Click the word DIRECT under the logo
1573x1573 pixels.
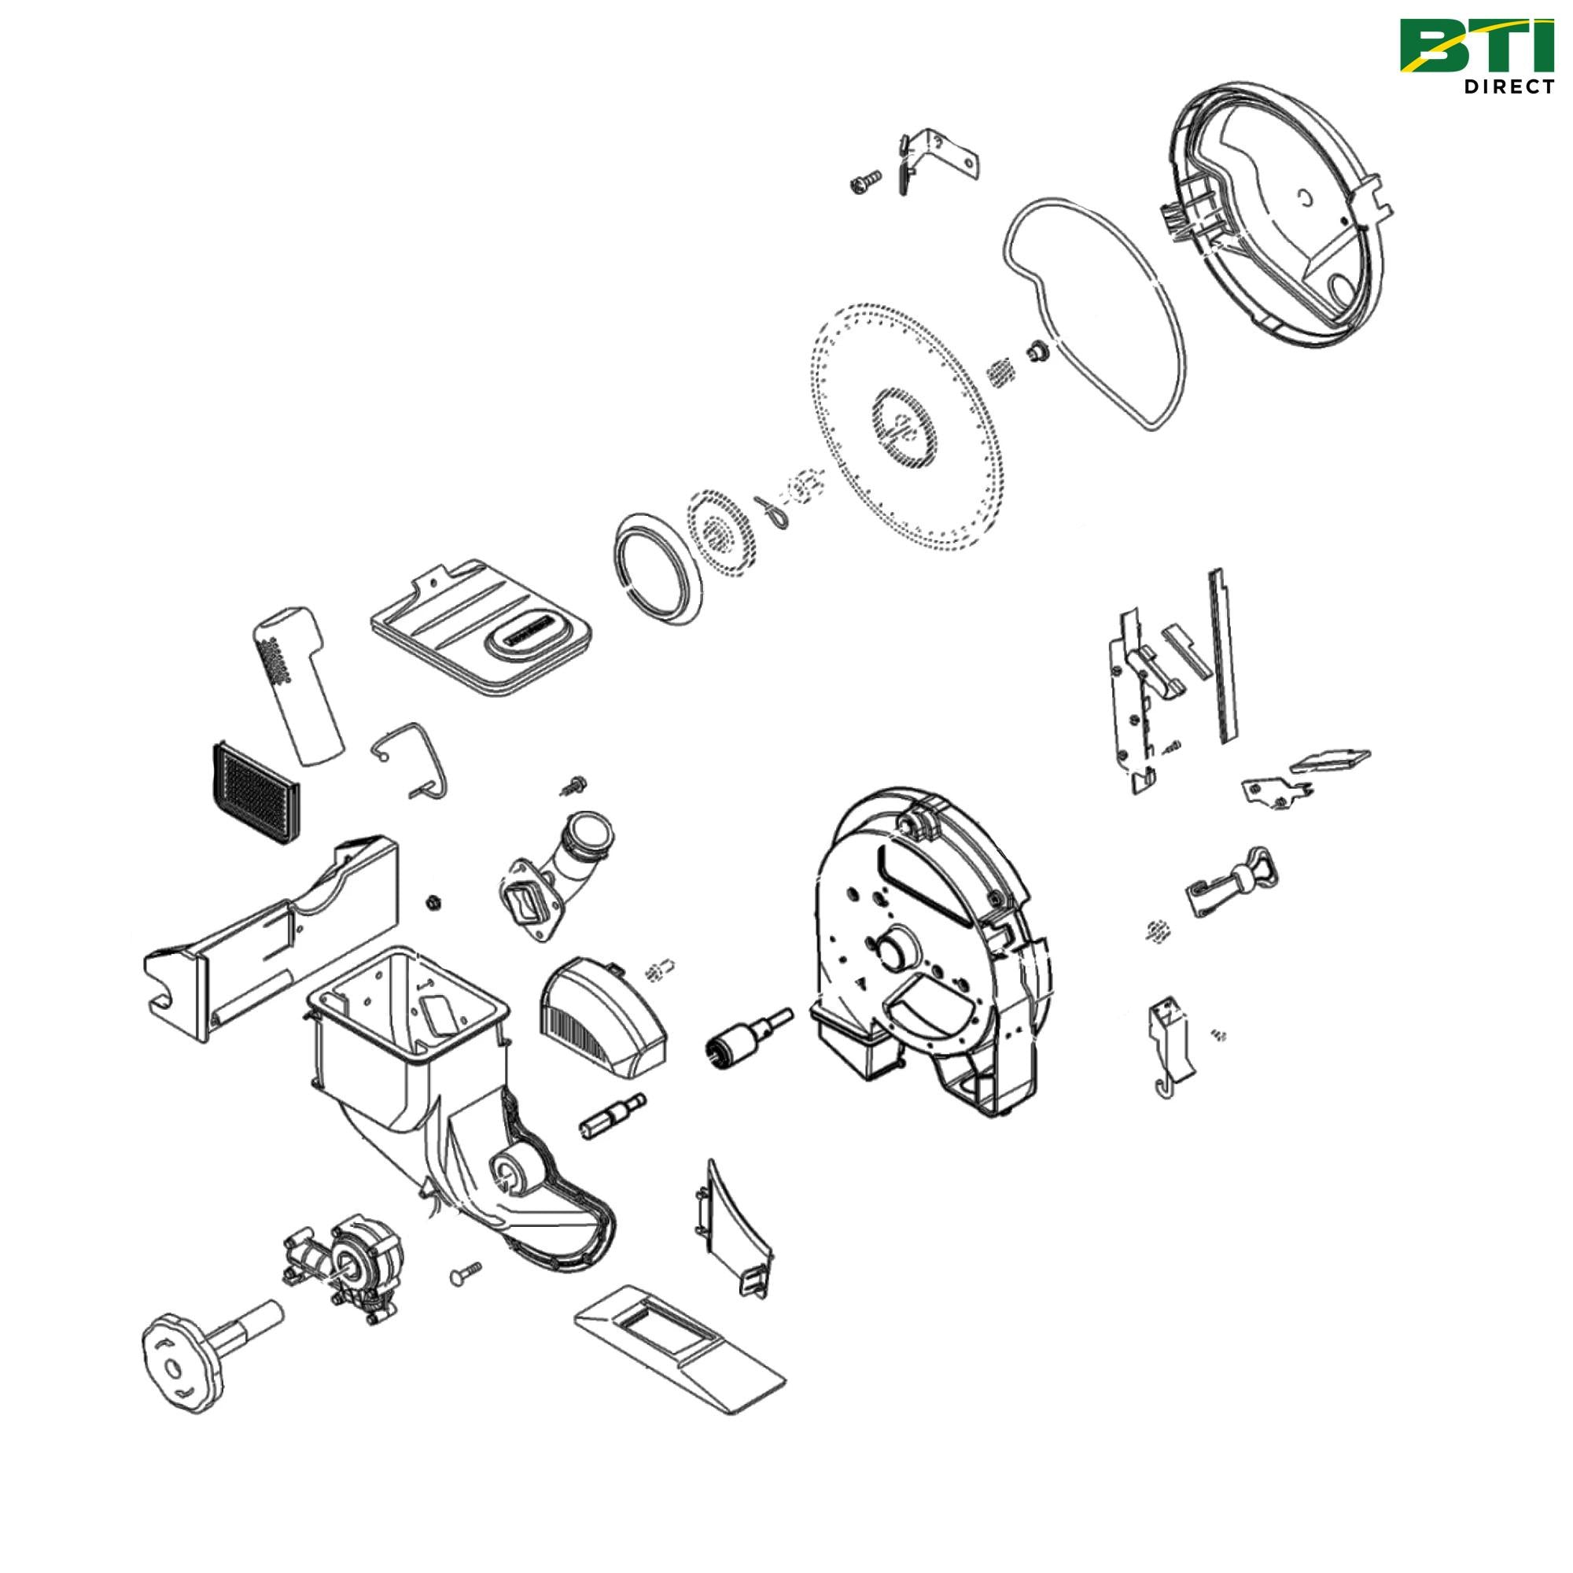(x=1508, y=87)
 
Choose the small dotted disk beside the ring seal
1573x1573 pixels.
(x=718, y=535)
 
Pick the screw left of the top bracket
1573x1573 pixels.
(x=864, y=183)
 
